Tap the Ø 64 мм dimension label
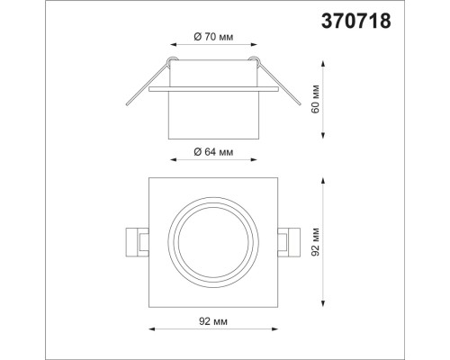pos(214,152)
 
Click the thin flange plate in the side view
pos(214,90)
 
